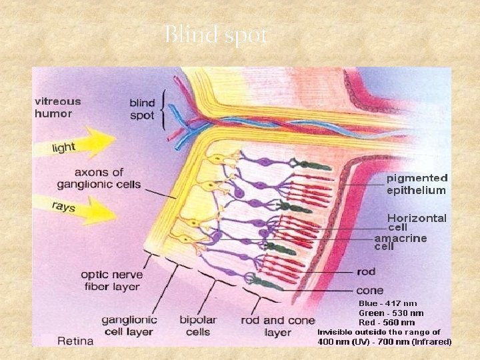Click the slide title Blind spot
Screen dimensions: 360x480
[x=215, y=35]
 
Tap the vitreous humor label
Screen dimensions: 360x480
[x=58, y=107]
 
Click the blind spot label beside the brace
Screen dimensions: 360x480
[x=142, y=109]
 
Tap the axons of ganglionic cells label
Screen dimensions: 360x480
[x=99, y=179]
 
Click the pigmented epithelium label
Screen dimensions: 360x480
[x=417, y=184]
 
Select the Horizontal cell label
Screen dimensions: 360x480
[x=417, y=223]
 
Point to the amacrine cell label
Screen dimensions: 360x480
[x=401, y=242]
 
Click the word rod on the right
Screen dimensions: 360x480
[x=366, y=272]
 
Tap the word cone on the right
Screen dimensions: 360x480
[x=370, y=291]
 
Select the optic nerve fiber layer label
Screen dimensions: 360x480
[x=110, y=281]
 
